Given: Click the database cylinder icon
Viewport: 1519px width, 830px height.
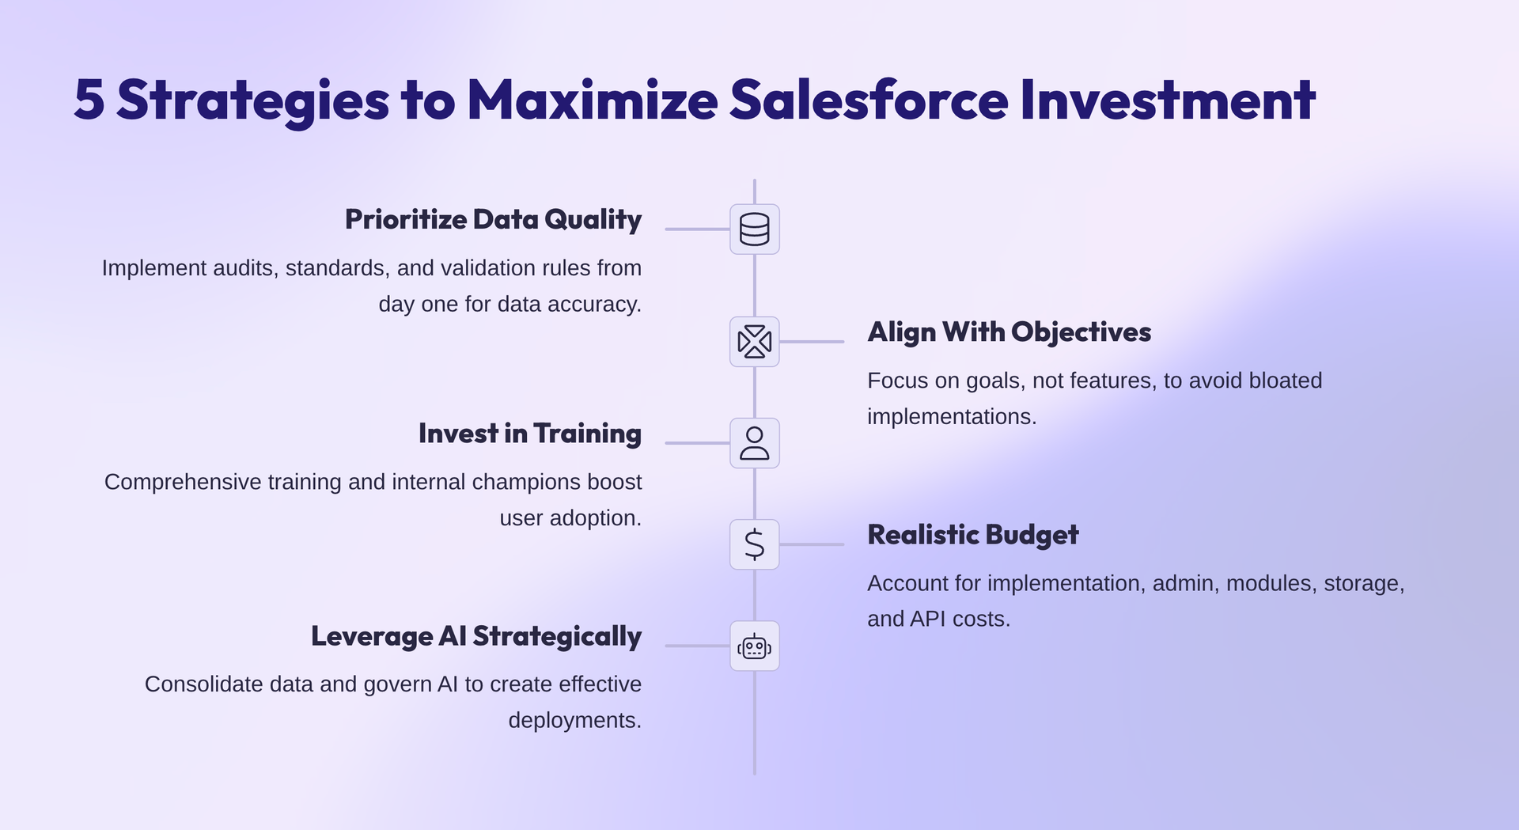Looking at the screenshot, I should point(754,229).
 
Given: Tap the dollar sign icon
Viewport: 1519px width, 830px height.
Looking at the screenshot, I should point(754,544).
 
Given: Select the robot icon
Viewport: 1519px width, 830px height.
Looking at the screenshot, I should point(754,646).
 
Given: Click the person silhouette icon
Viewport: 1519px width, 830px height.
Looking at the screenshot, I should point(754,443).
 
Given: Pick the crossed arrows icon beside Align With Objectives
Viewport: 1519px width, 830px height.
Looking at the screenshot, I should point(754,342).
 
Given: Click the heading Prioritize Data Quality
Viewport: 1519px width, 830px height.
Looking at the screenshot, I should point(493,219).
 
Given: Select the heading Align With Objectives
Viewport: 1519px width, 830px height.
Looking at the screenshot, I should point(1009,332).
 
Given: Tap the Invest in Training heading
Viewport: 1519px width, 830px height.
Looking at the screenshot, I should point(529,434).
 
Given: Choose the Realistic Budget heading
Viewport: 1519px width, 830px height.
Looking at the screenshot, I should point(972,535).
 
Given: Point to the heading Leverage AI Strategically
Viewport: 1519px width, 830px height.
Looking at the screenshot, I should point(475,636).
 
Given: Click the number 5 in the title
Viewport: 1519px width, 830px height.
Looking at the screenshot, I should point(89,100).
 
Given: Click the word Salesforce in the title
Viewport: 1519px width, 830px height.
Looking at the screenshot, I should point(869,100).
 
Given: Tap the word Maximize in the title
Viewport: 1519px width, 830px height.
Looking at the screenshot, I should point(592,100).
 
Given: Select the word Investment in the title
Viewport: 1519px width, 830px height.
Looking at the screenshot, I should point(1168,100).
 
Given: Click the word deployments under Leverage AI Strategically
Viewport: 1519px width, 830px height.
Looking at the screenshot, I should point(574,721).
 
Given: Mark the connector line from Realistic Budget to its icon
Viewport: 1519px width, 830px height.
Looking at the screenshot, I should point(812,544).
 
